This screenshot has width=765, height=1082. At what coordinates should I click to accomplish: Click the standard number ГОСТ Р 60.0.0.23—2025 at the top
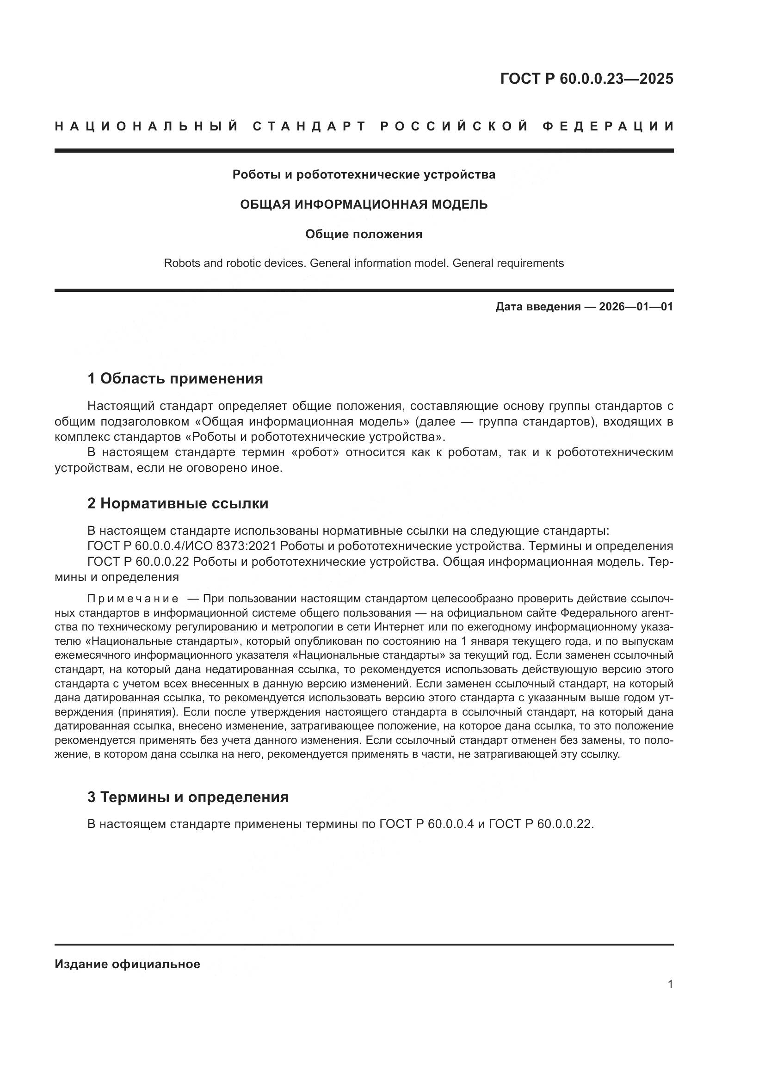coord(586,79)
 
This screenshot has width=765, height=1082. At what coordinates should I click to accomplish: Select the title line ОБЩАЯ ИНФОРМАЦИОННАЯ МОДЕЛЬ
coord(364,204)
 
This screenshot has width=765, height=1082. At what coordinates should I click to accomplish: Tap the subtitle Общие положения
coord(364,234)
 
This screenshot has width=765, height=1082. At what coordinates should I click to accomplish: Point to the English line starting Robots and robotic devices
coord(364,263)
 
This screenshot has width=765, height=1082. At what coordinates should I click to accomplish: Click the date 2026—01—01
coord(636,307)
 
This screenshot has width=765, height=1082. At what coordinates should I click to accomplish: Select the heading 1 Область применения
coord(175,378)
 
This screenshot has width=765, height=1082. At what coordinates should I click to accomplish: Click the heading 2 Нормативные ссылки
coord(178,503)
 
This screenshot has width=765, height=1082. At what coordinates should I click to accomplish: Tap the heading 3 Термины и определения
coord(188,797)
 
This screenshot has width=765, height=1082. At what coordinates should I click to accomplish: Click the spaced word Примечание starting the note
coord(133,599)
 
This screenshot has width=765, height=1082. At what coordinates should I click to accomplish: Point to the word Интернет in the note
coord(396,627)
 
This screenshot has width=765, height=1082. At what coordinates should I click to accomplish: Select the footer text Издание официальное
coord(127,964)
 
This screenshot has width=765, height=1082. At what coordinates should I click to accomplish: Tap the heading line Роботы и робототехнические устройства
coord(364,175)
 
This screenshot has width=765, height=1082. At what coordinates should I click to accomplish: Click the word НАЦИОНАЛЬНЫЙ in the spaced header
coord(147,126)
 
